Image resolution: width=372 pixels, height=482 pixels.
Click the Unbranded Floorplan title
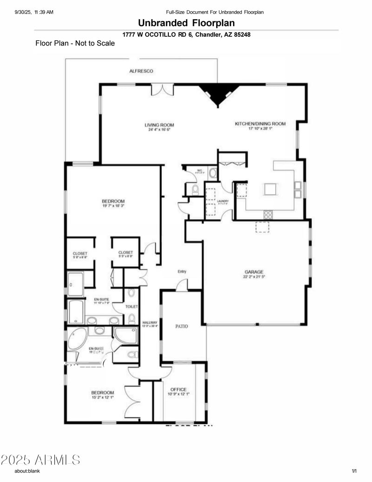pos(186,23)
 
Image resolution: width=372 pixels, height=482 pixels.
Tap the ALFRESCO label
pos(141,71)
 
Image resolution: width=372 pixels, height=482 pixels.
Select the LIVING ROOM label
pos(159,125)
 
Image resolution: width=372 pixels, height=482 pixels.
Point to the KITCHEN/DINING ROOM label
pos(260,123)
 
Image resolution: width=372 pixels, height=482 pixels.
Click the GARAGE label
pos(254,272)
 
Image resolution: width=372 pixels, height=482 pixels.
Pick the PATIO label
pos(181,326)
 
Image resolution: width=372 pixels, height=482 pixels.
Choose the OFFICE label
pos(178,389)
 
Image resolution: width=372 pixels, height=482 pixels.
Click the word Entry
pos(181,272)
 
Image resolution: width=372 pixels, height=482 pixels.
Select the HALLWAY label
pos(150,322)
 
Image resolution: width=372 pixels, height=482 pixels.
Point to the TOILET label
pos(132,307)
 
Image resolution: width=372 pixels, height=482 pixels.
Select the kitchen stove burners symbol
pos(268,214)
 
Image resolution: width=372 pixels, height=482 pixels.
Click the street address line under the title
pos(186,34)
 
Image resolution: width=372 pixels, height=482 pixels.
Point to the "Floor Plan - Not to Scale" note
pos(75,43)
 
